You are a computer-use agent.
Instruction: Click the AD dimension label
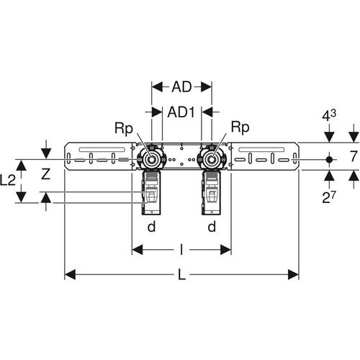[181, 87]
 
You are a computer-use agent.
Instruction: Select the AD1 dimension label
[181, 112]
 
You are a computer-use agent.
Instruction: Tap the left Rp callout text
[124, 128]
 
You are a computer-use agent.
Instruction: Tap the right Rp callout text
[240, 127]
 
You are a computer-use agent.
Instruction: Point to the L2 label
[8, 181]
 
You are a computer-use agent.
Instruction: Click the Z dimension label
[45, 174]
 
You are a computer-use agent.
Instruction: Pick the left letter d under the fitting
[151, 226]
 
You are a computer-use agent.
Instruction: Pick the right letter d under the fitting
[212, 226]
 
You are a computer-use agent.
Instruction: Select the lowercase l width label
[181, 250]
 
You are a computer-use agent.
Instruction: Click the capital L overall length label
[182, 274]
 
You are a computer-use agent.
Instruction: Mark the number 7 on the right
[354, 156]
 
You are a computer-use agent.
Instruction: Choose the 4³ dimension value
[329, 116]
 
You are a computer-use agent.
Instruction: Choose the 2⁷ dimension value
[328, 198]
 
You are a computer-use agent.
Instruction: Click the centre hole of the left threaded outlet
[151, 159]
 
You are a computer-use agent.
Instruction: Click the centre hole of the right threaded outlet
[212, 159]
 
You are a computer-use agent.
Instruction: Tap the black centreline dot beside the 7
[329, 159]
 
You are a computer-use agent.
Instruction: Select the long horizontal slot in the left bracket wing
[102, 150]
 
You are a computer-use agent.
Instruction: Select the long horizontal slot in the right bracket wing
[261, 150]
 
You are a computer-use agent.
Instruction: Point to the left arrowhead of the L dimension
[70, 274]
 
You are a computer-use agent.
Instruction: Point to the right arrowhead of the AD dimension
[207, 87]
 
